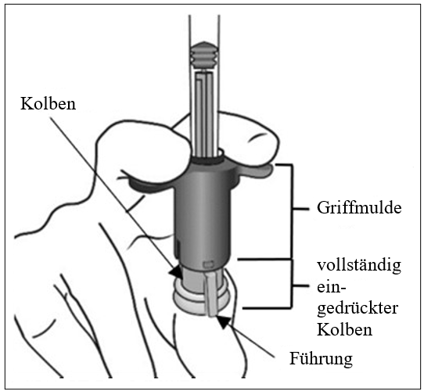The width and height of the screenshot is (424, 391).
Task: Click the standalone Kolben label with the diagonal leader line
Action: [49, 103]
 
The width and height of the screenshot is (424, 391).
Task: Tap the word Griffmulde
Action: [359, 208]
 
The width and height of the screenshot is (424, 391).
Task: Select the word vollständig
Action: [359, 266]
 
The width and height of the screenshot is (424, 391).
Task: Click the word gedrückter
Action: [358, 309]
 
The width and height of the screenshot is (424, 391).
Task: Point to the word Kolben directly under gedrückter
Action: [344, 329]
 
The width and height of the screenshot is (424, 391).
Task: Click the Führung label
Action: [321, 359]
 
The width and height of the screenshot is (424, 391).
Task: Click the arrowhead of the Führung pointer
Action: [224, 321]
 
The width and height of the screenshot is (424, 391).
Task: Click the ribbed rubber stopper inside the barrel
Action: [204, 56]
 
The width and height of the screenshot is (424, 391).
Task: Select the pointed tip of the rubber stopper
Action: [204, 43]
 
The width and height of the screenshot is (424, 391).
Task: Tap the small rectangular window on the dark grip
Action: [209, 264]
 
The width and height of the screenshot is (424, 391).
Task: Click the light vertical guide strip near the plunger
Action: [211, 294]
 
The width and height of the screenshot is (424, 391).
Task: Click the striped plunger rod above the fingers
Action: [205, 113]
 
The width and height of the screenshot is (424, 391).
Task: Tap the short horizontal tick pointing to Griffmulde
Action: [300, 209]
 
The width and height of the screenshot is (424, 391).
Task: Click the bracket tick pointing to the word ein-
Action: [300, 285]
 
